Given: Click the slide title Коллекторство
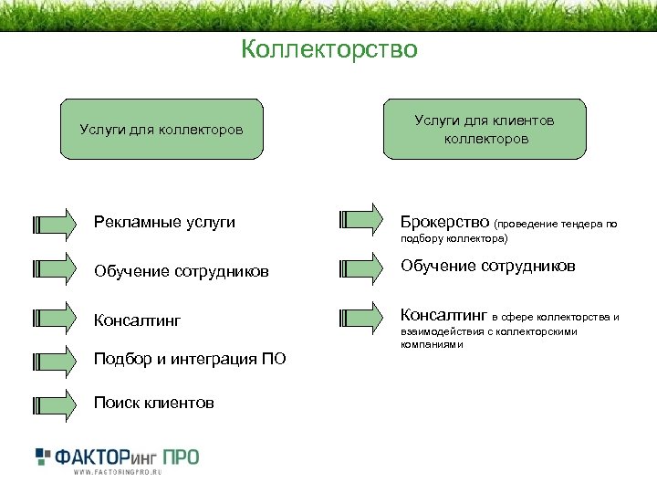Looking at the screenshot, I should point(328,49).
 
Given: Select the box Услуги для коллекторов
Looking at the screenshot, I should point(161,130).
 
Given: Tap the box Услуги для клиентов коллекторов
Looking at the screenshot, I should point(485,130).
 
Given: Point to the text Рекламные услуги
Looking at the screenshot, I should point(164,222).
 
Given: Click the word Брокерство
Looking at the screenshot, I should point(444,221).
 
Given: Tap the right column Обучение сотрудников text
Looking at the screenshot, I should point(488,266).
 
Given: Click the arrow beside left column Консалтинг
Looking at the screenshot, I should point(54,318).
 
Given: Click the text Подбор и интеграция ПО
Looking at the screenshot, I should point(190,359).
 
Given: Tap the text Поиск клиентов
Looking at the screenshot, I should point(154,403).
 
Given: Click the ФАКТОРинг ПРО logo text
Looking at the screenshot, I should point(128,456).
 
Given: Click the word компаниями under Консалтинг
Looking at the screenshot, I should point(432,345).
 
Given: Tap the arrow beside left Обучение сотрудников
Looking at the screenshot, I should point(54,268).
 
